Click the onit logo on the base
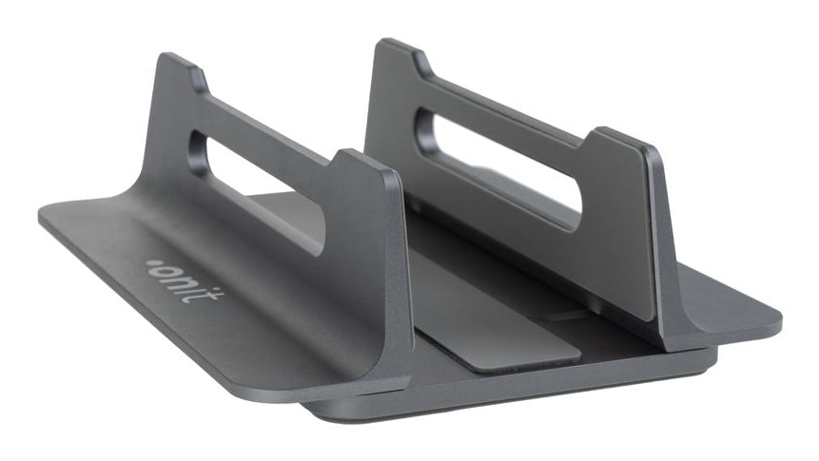point(185,281)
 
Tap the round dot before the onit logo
point(151,262)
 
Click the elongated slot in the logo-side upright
point(256,192)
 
